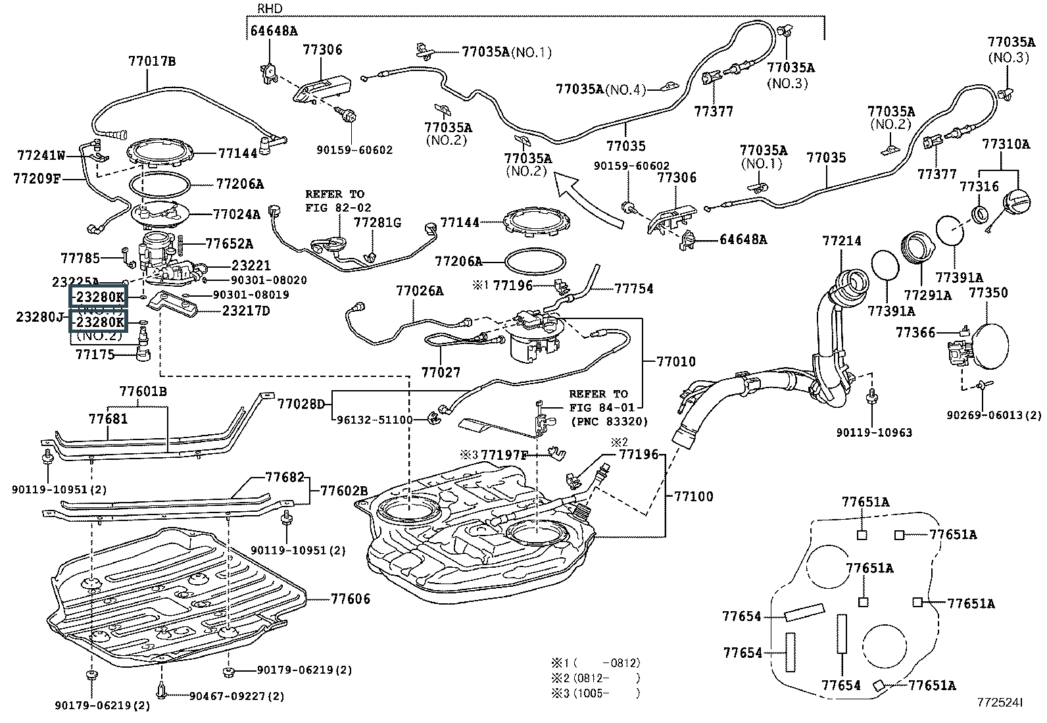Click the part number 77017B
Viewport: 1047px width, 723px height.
152,61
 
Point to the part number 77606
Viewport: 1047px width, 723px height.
350,599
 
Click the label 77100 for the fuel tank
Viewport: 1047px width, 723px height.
693,496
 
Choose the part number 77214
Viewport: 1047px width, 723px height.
841,241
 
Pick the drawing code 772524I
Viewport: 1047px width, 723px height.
999,703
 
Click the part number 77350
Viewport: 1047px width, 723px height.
988,293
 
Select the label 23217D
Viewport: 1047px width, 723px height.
245,311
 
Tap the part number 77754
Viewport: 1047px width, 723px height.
634,288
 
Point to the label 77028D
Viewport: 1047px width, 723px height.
301,403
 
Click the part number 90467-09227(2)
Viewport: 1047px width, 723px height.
237,696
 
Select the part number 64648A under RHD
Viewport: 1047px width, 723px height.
274,30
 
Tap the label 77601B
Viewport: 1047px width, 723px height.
143,391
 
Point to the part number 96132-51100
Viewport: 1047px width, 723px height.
374,420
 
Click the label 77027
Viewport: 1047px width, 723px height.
441,372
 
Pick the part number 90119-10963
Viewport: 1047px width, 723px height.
874,432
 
